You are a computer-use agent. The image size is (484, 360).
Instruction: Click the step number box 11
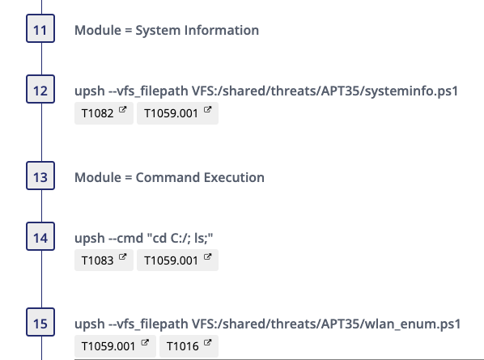coord(40,28)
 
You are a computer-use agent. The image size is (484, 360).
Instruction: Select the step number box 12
coord(40,89)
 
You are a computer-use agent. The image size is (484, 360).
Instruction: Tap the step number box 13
coord(40,176)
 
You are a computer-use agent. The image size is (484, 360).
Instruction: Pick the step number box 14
coord(40,236)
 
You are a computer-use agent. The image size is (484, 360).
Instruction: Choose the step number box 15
coord(40,322)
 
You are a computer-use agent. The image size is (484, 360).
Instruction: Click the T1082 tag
coord(104,113)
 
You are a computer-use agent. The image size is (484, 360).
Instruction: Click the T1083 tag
coord(104,260)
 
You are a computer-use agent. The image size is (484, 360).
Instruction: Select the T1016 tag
coord(189,346)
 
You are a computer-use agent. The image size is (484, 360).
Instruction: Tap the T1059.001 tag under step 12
coord(177,113)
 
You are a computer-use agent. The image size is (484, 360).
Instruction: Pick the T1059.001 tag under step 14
coord(177,260)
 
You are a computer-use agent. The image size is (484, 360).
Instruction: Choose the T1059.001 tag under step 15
coord(115,346)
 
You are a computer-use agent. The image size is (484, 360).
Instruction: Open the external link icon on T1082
coord(122,110)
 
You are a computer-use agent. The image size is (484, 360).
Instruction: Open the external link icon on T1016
coord(208,343)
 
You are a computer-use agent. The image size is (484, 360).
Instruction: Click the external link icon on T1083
coord(122,256)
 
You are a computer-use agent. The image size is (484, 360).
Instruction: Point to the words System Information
coord(197,30)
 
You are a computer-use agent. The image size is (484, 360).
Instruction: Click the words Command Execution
coord(200,177)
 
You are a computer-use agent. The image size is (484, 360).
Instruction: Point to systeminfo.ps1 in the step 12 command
coord(411,91)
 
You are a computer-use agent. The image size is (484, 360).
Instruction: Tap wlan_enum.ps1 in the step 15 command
coord(413,324)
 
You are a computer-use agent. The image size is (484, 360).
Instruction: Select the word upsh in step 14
coord(90,239)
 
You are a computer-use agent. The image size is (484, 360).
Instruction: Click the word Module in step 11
coord(98,30)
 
